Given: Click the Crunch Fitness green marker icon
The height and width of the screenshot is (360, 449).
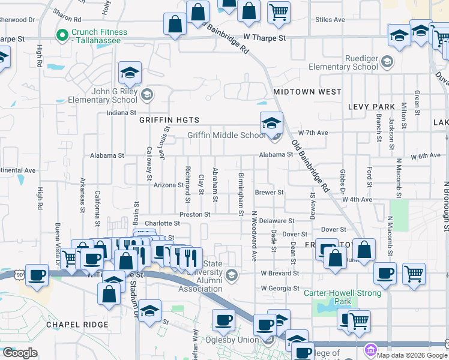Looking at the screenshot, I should coord(61,36).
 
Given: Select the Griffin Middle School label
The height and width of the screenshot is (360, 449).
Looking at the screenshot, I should coord(226,135).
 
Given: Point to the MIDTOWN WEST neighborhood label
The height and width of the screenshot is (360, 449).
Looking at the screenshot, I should coord(307,92).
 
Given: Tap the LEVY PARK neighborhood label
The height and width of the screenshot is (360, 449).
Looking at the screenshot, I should coord(372,107).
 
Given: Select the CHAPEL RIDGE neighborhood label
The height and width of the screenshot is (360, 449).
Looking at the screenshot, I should coord(77,325).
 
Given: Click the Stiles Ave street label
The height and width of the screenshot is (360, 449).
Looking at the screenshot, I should coord(330,20).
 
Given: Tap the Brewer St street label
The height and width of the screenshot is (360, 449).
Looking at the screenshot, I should coord(269,193).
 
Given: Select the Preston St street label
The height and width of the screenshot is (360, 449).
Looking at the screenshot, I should coord(194,214).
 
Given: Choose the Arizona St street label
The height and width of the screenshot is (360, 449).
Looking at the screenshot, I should coord(168,185).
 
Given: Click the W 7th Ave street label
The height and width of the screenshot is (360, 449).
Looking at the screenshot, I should coord(313,132).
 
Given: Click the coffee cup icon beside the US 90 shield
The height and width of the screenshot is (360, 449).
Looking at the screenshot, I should coord(37,275).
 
